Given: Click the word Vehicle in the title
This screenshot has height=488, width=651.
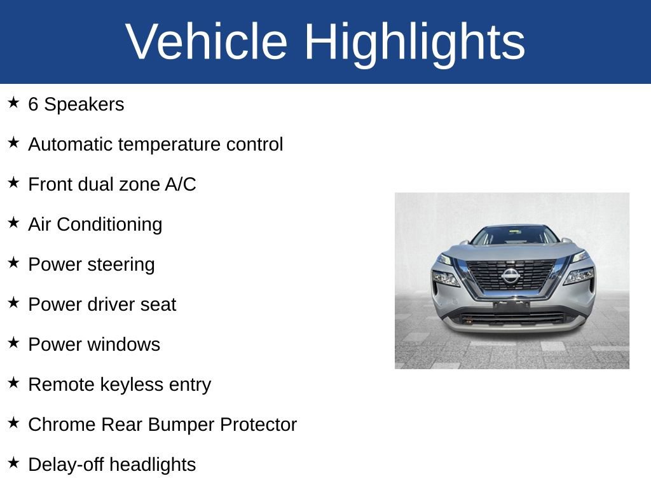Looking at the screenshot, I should (207, 42).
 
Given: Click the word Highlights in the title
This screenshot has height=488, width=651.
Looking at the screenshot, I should (414, 42).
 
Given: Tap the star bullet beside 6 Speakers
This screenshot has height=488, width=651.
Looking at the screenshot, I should (13, 103).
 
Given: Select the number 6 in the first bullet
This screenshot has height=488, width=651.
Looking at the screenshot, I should (33, 105).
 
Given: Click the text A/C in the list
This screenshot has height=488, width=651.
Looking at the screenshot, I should (181, 185).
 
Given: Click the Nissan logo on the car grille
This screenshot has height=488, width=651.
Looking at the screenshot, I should (511, 276).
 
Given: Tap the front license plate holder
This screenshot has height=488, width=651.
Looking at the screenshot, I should (511, 306).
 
